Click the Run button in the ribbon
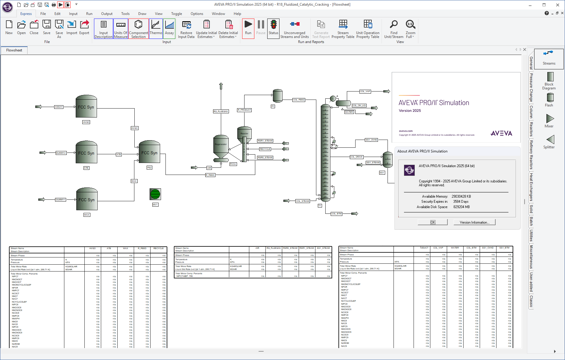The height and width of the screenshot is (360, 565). tap(248, 28)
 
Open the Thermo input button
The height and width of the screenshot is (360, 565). tap(156, 28)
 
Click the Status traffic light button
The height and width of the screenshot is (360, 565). tap(273, 28)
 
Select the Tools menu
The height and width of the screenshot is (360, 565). tap(125, 14)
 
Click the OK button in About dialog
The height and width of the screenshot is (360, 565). tap(432, 222)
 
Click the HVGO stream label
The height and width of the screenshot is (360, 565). tap(134, 128)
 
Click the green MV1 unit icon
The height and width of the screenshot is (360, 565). tap(155, 194)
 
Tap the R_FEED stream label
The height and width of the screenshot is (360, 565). tap(210, 175)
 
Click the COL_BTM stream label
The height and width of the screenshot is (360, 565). tap(336, 213)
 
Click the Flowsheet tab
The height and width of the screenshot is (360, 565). tap(14, 50)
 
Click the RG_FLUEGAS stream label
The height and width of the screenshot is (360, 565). tap(221, 111)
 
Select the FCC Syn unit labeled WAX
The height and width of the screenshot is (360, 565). tap(87, 199)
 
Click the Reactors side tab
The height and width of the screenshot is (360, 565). tap(531, 129)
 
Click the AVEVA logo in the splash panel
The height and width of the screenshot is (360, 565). tap(501, 133)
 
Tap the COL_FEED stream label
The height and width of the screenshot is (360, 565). tap(299, 100)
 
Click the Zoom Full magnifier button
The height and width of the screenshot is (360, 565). tap(410, 28)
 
